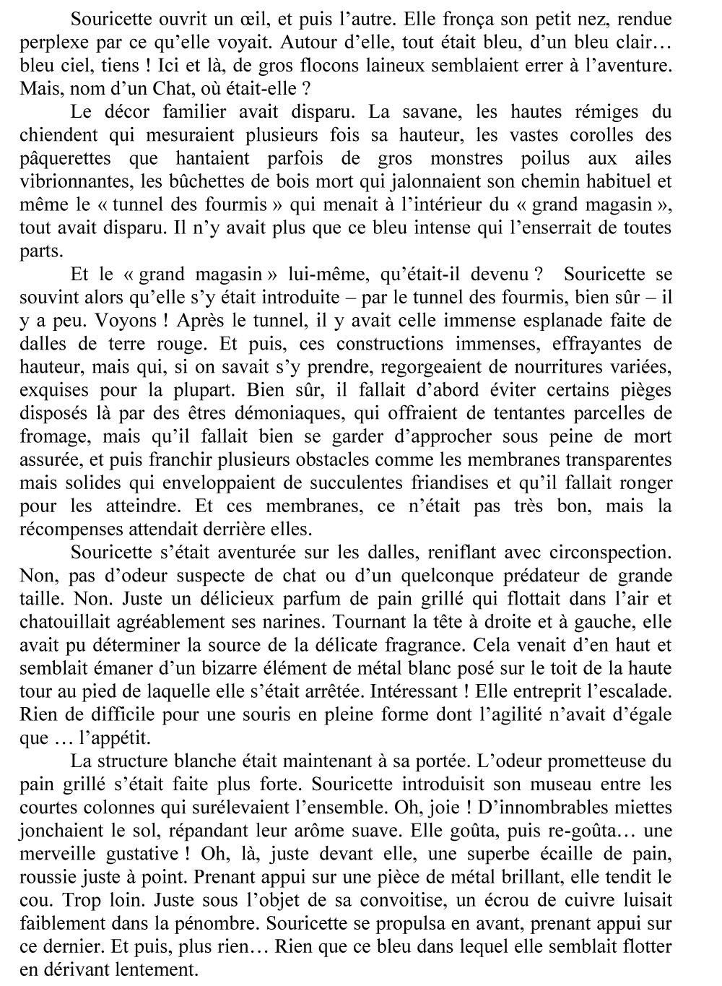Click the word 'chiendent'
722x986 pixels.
pos(53,135)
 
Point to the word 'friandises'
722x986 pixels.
pos(480,483)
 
